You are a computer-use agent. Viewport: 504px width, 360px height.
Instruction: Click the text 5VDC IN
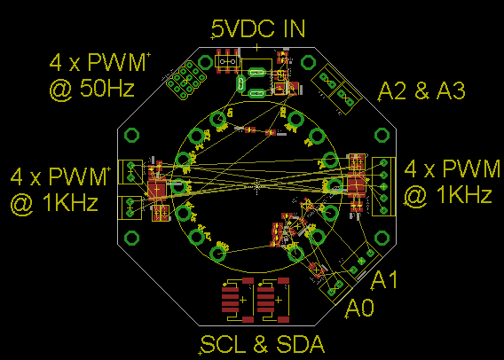tap(258, 28)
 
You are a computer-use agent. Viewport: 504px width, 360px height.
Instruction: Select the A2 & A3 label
tap(422, 90)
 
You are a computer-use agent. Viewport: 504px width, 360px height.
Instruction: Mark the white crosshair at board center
tap(256, 186)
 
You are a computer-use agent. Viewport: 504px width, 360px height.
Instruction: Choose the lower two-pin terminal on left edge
tap(131, 205)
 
